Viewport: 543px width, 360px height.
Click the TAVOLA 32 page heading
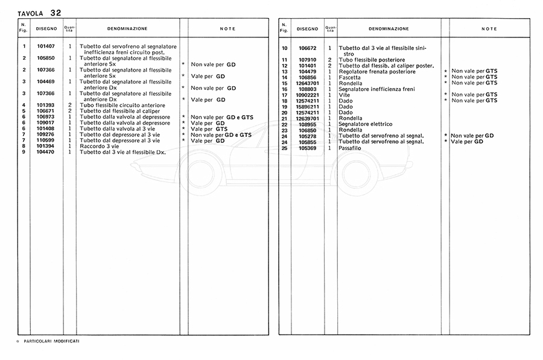(39, 12)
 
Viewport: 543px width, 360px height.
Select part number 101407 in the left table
(46, 46)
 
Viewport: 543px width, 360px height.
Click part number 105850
(46, 58)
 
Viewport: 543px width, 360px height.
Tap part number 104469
(46, 81)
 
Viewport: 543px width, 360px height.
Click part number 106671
(46, 111)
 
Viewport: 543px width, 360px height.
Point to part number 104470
(46, 152)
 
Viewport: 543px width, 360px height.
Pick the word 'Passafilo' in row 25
(351, 148)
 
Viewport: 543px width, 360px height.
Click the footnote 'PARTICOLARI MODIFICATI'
(51, 341)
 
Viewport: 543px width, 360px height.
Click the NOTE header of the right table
(489, 28)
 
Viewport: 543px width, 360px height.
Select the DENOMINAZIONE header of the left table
(127, 28)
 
